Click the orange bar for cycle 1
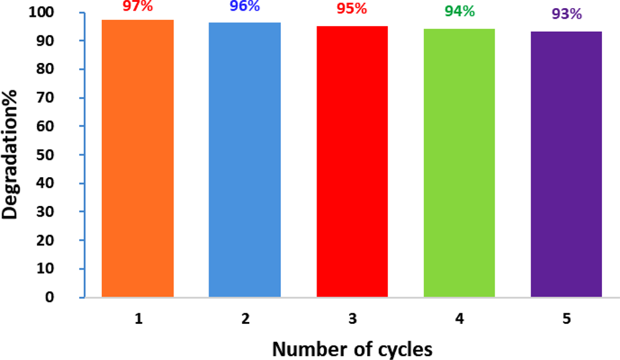(137, 158)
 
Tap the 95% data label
(352, 11)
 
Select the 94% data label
(460, 12)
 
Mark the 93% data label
(567, 14)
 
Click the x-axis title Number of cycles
(352, 349)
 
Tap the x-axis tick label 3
(352, 318)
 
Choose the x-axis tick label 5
(566, 318)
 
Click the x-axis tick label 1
(137, 318)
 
